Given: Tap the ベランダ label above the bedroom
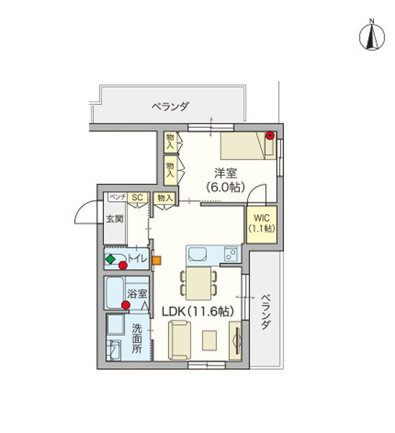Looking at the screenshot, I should [x=170, y=107].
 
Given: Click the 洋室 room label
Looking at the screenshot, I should [x=225, y=173].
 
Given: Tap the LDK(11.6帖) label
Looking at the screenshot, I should [x=196, y=312].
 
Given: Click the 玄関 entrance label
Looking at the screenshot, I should [x=115, y=219].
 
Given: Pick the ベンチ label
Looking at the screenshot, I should [x=117, y=197].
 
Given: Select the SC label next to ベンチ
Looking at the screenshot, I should [x=137, y=197].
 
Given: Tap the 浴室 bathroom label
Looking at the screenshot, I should [x=137, y=294].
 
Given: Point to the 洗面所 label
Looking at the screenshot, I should [x=137, y=338].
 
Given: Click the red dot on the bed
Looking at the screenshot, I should [x=270, y=135].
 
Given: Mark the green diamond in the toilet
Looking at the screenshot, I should [x=110, y=258].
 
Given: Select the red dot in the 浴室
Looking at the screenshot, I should [x=126, y=305].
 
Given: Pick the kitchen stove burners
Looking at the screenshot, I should [x=230, y=254].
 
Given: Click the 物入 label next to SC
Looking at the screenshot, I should [x=164, y=197].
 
